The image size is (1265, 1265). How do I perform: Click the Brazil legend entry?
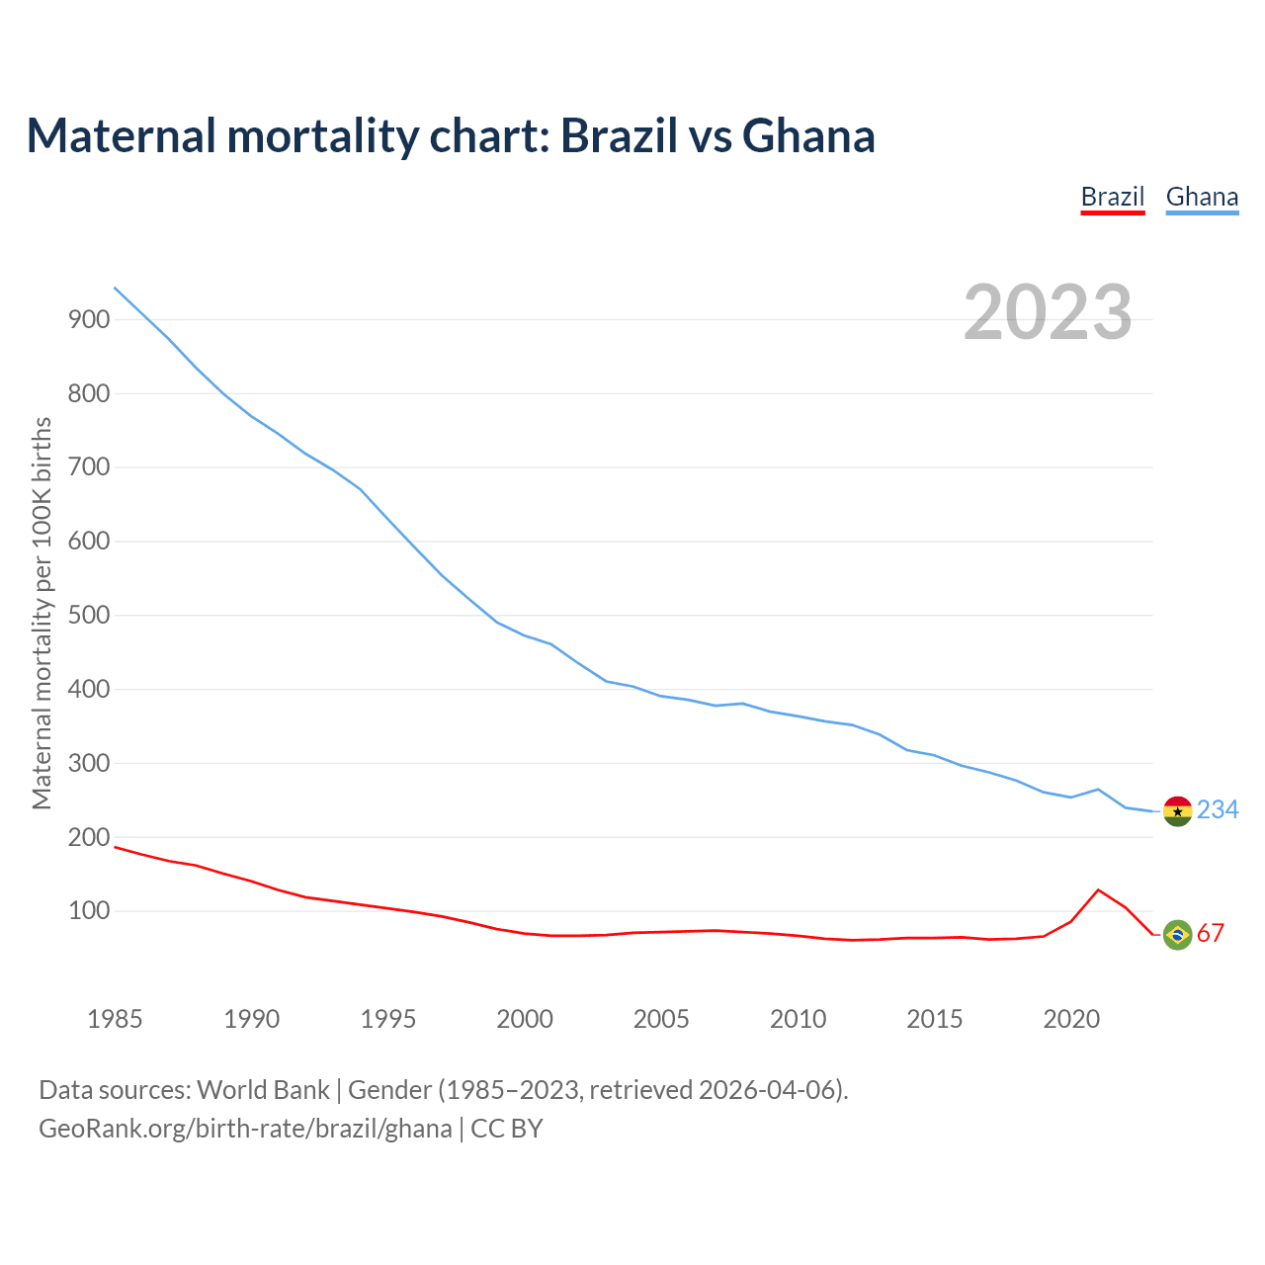(1112, 197)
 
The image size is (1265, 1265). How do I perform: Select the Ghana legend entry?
(1202, 197)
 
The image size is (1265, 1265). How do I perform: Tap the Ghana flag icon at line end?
(1177, 810)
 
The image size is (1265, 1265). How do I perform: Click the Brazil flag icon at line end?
(1177, 934)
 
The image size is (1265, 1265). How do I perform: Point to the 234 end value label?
(1218, 810)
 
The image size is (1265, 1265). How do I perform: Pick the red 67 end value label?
(1211, 934)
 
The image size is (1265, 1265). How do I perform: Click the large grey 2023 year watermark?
(1048, 312)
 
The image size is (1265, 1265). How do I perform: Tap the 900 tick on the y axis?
(88, 319)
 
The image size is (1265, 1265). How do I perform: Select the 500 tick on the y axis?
(88, 616)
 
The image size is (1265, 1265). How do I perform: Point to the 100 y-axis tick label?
(88, 911)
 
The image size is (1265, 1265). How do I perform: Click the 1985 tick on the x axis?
(115, 1019)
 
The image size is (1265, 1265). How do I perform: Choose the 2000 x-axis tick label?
(525, 1019)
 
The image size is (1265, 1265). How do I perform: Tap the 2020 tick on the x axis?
(1071, 1019)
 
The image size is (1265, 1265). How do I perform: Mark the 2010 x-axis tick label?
(798, 1019)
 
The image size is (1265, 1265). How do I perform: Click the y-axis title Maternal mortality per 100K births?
(42, 613)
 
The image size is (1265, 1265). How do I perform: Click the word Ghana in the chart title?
(808, 136)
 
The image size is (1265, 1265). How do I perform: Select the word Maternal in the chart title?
(121, 136)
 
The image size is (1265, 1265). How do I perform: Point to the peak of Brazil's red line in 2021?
(1098, 889)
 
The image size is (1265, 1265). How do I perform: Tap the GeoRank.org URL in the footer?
(245, 1129)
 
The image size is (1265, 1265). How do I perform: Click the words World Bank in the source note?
(263, 1090)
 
